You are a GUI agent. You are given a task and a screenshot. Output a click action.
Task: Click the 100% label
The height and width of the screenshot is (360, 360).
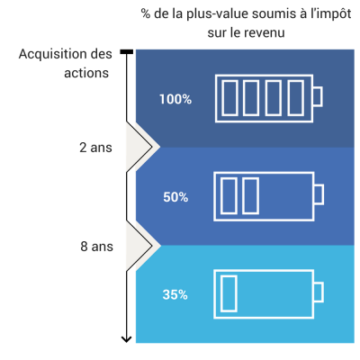(x=175, y=99)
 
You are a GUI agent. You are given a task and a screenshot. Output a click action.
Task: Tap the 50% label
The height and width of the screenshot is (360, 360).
(x=175, y=197)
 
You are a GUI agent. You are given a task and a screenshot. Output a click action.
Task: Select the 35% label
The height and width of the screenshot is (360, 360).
(x=175, y=294)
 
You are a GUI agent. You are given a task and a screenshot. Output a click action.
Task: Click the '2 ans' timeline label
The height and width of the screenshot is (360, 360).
(x=95, y=148)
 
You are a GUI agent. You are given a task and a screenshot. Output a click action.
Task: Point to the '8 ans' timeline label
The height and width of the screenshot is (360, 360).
(x=96, y=247)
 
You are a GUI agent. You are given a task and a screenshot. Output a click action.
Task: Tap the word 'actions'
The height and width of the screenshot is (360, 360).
(x=86, y=73)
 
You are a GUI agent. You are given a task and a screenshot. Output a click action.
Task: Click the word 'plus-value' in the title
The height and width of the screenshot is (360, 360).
(x=217, y=14)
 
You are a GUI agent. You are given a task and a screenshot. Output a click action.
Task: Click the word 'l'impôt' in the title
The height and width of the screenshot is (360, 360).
(x=330, y=14)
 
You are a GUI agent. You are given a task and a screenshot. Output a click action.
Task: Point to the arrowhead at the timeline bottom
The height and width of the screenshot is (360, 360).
(x=127, y=339)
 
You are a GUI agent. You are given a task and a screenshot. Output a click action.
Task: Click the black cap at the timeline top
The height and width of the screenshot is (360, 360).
(x=127, y=52)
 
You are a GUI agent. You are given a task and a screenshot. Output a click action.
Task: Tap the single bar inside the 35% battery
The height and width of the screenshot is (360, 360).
(x=229, y=293)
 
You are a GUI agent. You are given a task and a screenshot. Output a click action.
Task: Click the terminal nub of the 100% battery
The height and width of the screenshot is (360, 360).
(x=318, y=96)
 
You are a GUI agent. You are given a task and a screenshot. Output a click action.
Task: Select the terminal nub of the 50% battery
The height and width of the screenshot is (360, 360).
(x=319, y=194)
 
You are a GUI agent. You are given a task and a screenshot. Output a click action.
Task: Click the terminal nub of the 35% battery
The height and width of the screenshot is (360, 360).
(x=319, y=292)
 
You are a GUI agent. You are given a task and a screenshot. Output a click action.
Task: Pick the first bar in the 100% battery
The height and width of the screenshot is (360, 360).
(x=229, y=98)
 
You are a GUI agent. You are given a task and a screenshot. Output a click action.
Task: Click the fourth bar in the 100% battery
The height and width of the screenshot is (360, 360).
(x=296, y=98)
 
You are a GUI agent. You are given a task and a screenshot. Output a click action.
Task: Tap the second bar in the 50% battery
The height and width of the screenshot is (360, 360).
(x=250, y=196)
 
